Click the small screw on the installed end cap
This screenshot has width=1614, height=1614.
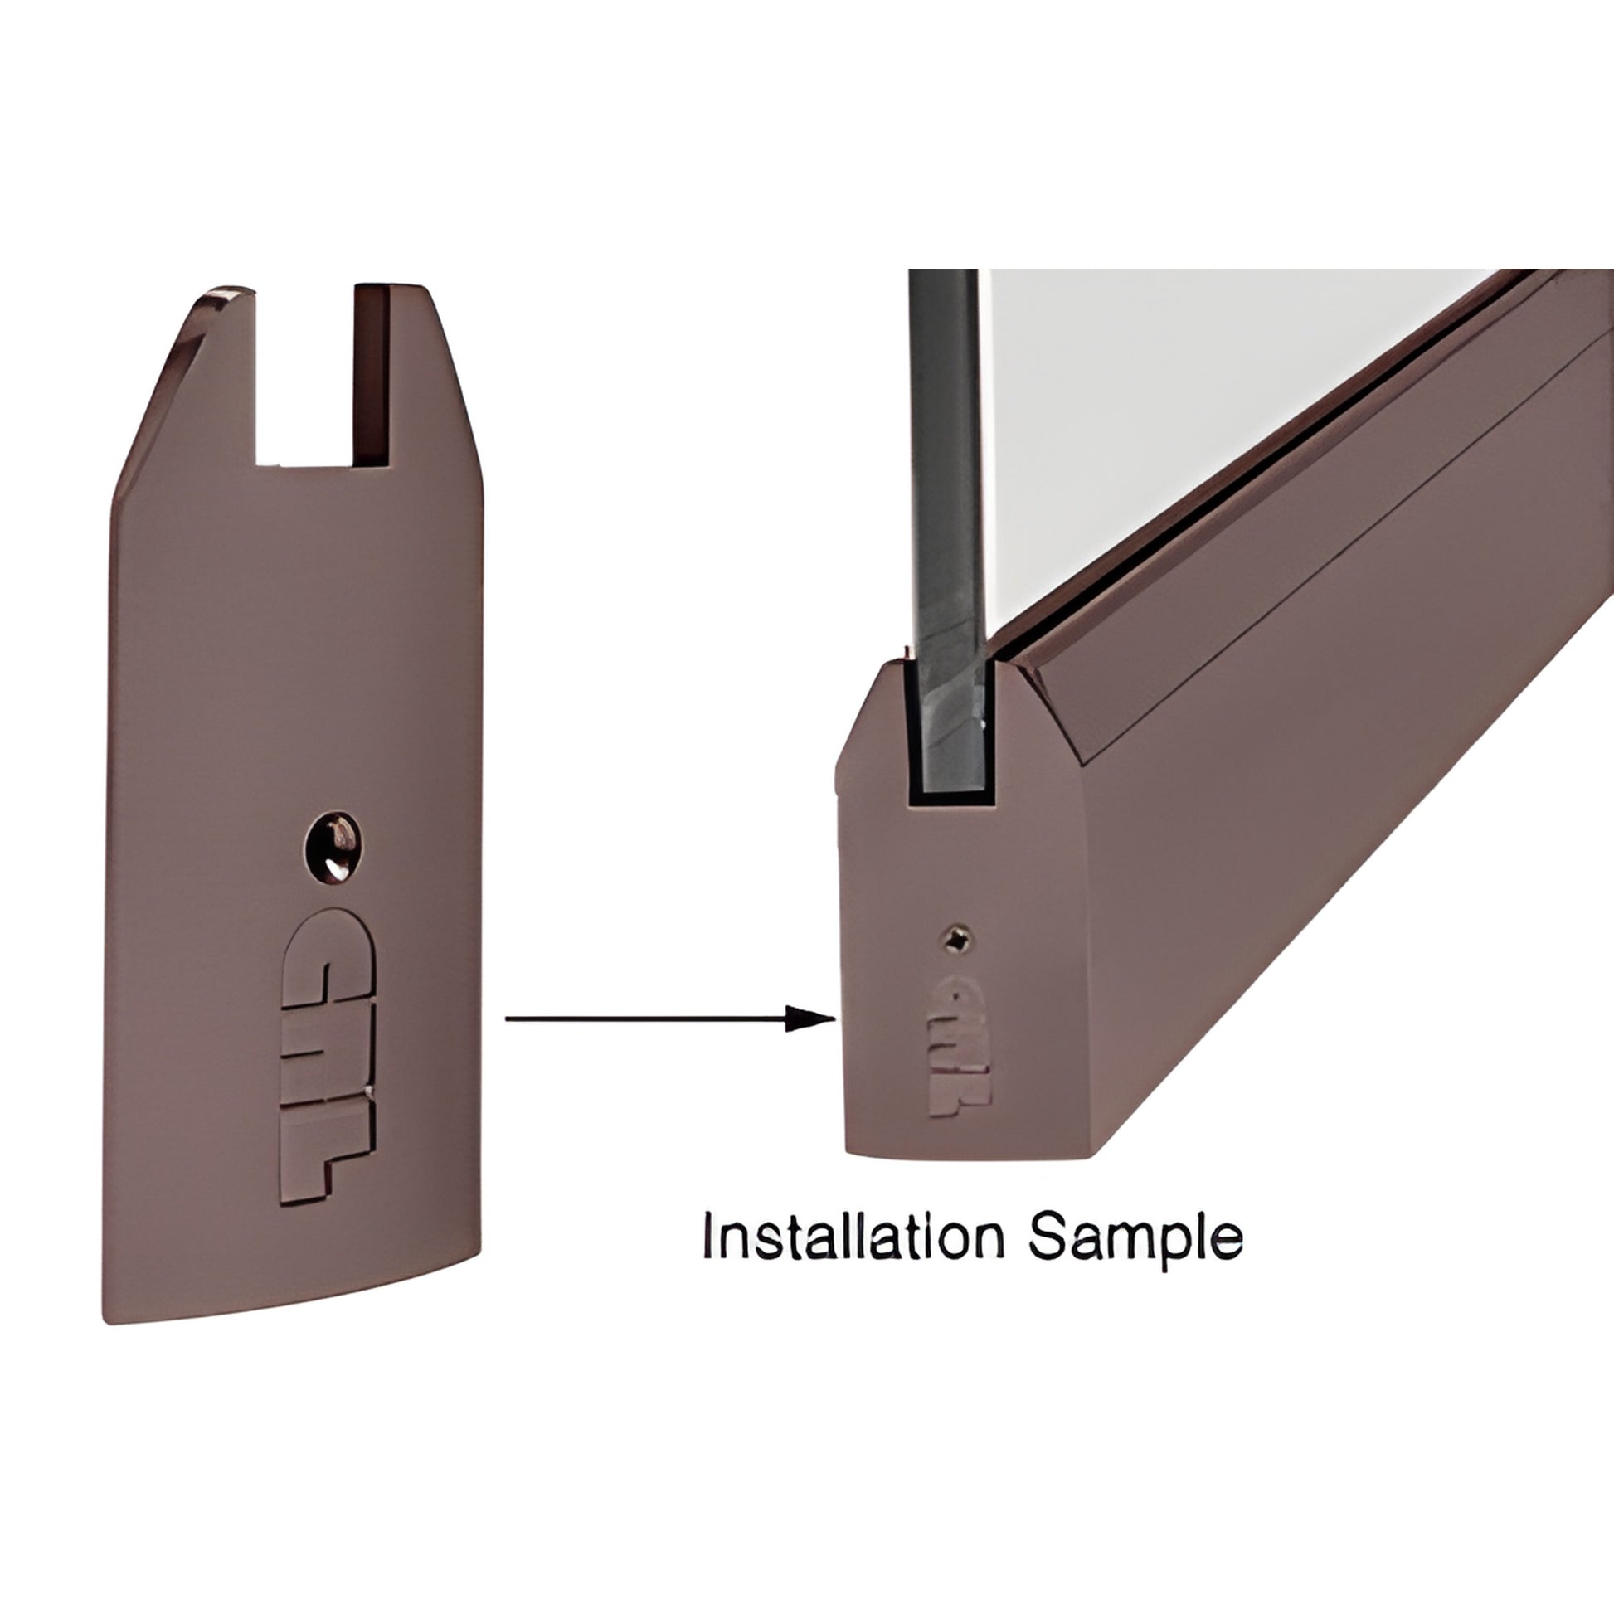(957, 941)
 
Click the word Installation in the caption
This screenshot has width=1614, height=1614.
(853, 1237)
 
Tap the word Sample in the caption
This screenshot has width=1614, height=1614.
(1134, 1238)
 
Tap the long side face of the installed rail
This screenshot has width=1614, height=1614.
(1337, 835)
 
